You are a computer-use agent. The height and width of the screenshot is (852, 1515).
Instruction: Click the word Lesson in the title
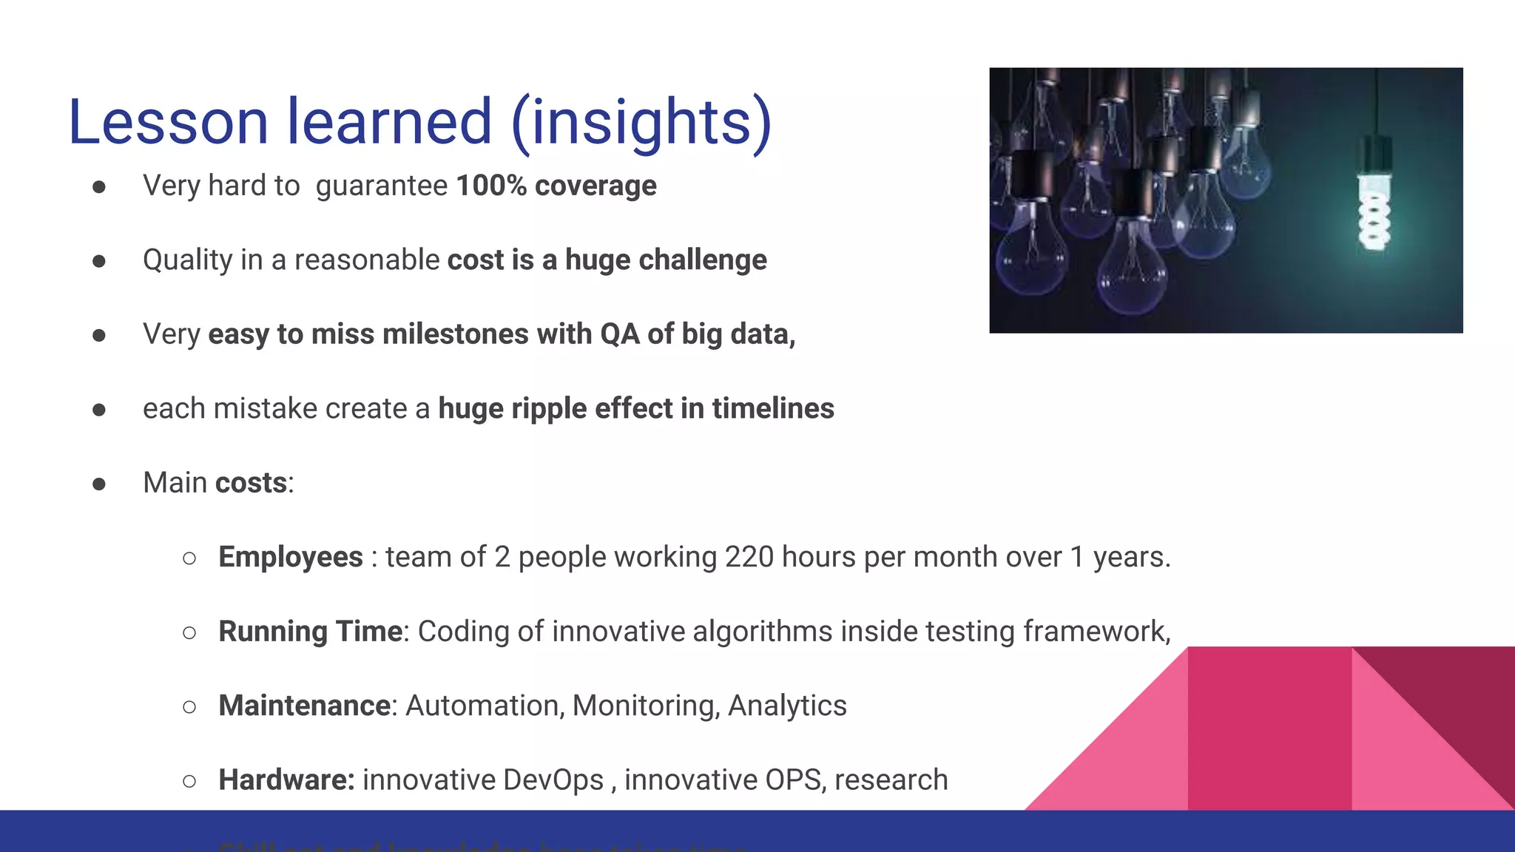point(168,122)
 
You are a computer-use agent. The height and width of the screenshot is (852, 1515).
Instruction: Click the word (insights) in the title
point(641,122)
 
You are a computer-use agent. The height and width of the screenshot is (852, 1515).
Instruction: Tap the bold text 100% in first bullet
point(491,186)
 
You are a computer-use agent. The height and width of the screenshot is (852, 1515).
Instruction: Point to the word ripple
point(549,409)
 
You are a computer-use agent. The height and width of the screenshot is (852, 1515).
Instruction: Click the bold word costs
point(251,483)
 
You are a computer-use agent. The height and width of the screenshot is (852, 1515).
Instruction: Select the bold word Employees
point(291,557)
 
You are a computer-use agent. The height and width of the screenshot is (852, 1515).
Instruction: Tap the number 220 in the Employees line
point(749,557)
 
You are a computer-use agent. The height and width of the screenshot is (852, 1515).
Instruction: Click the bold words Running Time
point(310,632)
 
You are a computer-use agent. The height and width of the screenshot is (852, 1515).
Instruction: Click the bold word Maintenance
point(304,706)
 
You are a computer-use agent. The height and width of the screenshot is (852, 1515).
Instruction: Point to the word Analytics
point(787,706)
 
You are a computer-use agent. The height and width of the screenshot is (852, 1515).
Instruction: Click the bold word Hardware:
point(286,780)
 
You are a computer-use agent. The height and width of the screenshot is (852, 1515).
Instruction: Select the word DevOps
point(553,780)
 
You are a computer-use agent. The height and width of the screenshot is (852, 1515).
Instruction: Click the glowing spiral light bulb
point(1374,214)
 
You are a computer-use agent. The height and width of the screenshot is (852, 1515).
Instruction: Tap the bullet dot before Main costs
point(99,484)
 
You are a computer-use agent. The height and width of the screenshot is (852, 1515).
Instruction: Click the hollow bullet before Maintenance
point(189,707)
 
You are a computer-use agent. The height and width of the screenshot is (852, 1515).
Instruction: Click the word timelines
point(773,409)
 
